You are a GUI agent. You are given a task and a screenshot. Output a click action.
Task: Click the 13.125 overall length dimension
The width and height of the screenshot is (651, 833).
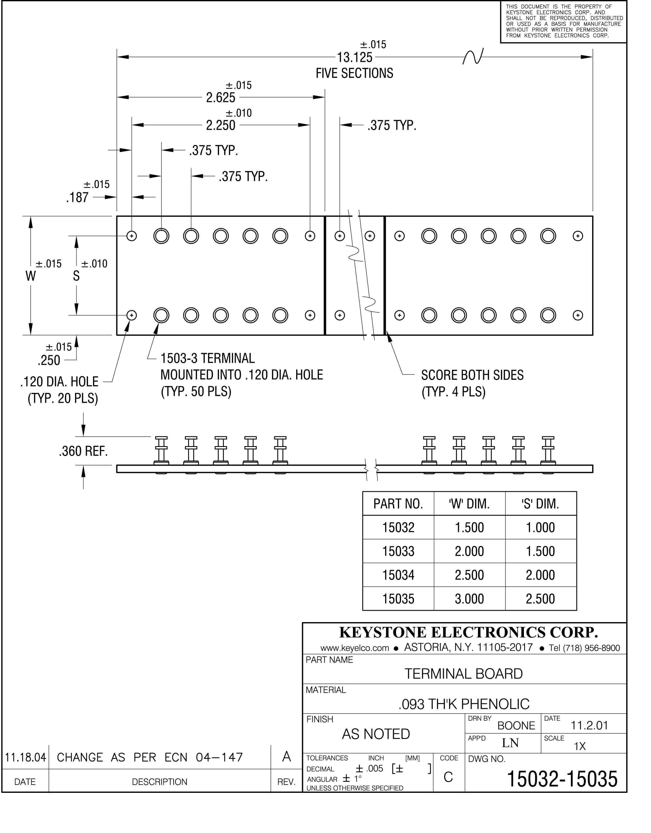355,58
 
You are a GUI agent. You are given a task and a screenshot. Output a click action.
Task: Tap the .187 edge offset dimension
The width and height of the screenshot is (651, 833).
77,198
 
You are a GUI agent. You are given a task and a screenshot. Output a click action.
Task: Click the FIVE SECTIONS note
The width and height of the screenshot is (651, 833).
354,73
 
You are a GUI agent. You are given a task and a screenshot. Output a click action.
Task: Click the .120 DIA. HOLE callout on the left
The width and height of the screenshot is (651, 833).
59,382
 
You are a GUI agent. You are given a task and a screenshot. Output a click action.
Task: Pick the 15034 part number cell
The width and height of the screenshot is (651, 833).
398,575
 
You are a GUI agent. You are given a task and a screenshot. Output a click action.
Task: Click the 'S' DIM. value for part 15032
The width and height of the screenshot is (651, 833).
540,527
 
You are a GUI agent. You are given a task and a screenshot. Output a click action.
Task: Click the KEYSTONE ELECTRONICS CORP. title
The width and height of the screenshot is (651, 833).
468,632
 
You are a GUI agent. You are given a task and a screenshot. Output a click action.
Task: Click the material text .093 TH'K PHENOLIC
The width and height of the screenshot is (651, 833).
464,704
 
